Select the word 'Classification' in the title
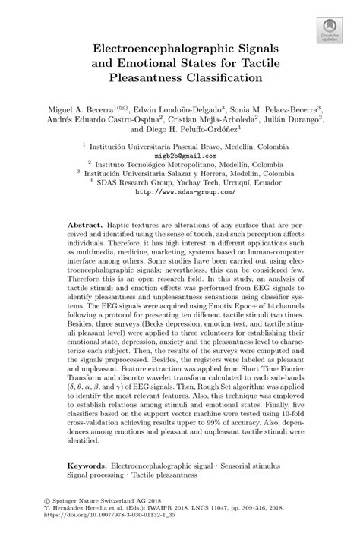225,77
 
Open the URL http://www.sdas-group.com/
180,192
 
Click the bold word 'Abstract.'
84,227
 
